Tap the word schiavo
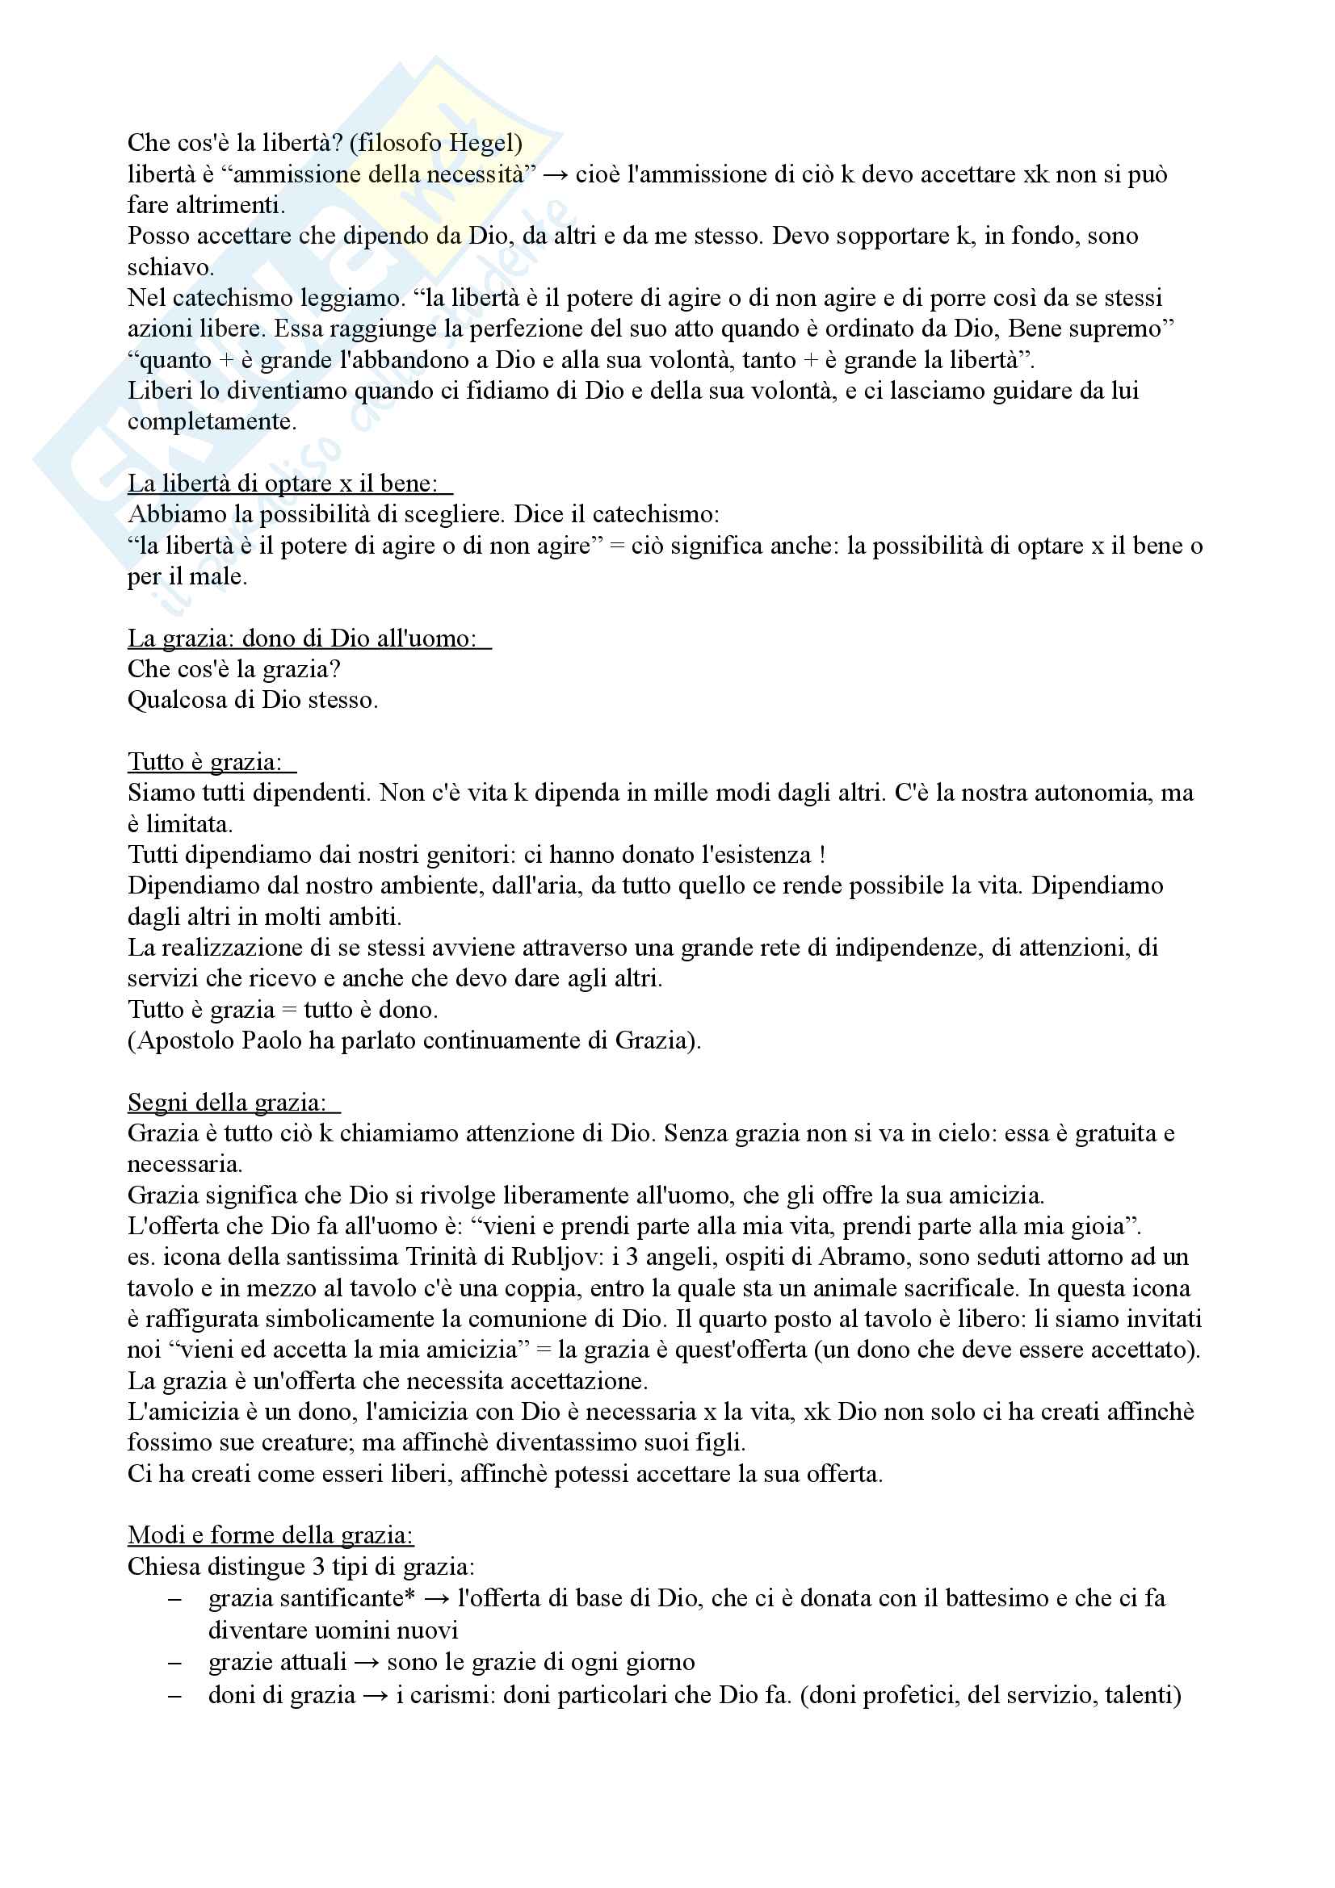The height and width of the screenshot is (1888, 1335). click(170, 267)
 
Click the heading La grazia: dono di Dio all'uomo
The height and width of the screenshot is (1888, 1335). click(302, 638)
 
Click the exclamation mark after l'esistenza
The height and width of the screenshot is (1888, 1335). click(822, 855)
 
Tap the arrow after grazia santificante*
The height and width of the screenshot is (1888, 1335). click(436, 1598)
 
